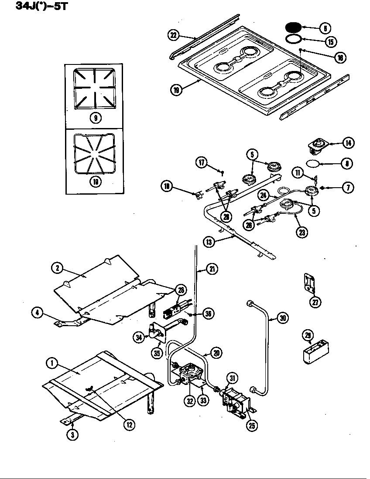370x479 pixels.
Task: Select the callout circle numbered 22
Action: tap(174, 35)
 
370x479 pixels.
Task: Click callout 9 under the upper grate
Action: tap(95, 117)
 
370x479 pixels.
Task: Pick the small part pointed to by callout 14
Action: tap(318, 147)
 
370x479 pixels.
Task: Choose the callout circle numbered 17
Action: tap(202, 163)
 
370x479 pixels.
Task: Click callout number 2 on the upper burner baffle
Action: tap(57, 268)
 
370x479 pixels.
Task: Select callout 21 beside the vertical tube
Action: tap(212, 269)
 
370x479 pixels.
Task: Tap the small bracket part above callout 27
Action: tap(309, 282)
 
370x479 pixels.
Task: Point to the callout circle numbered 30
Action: tap(283, 319)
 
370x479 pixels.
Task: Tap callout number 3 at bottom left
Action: tap(73, 434)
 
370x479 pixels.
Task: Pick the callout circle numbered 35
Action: tap(157, 353)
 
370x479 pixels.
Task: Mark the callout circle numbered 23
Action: tap(301, 232)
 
